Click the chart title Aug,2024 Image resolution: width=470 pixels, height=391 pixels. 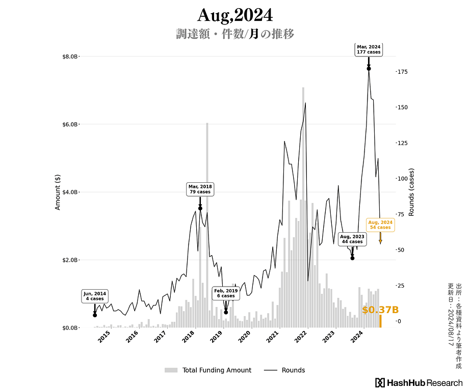tap(235, 15)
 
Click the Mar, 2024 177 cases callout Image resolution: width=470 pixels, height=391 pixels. tap(369, 49)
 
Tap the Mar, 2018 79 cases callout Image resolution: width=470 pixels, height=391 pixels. tap(200, 189)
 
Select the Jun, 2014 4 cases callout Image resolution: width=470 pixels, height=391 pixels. tap(95, 296)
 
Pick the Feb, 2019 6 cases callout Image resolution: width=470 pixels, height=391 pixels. tap(226, 293)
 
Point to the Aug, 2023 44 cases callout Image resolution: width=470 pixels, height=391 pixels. tap(352, 239)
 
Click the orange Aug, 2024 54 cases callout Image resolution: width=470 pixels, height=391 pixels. tap(380, 225)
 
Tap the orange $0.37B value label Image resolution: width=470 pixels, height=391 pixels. tap(380, 310)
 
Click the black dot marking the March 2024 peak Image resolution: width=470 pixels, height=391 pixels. tap(369, 69)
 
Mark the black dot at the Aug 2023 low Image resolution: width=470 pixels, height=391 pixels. tap(353, 258)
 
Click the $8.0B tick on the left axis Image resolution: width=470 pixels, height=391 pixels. tap(70, 57)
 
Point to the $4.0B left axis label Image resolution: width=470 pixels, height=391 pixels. tap(70, 192)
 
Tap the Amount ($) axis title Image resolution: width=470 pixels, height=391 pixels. tap(58, 192)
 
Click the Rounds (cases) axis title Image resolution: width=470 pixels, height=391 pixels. tap(411, 192)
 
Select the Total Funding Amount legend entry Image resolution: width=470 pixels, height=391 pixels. tap(208, 370)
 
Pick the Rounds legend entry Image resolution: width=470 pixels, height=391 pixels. tap(284, 370)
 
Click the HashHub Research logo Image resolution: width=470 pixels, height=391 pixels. tap(419, 383)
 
